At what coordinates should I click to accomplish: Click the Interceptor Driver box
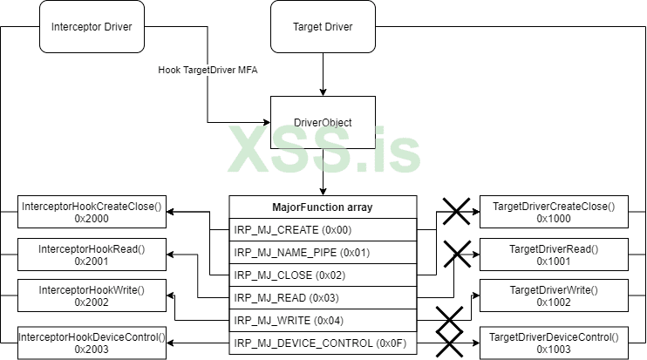coord(92,26)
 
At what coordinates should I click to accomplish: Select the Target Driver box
coord(323,26)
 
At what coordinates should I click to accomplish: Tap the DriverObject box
coord(323,123)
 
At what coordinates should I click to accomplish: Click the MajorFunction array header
coord(323,207)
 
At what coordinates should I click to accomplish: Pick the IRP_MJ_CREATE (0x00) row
coord(323,230)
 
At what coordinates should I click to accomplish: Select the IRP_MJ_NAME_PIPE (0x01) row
coord(323,253)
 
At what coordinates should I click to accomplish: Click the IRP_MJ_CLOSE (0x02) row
coord(323,275)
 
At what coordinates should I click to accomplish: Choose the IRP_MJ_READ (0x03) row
coord(323,298)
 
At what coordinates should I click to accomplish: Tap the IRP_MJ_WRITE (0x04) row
coord(323,321)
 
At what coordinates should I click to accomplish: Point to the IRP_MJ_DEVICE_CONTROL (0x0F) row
coord(323,343)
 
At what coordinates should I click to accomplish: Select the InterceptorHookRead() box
coord(92,255)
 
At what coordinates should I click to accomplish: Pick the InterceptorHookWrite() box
coord(92,295)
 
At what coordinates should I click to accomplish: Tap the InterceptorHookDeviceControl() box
coord(92,342)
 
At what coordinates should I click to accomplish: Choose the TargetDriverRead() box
coord(554,255)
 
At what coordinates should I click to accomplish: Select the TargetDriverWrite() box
coord(554,295)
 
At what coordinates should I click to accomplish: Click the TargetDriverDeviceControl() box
coord(554,342)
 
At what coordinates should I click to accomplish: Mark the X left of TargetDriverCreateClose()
coord(454,210)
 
